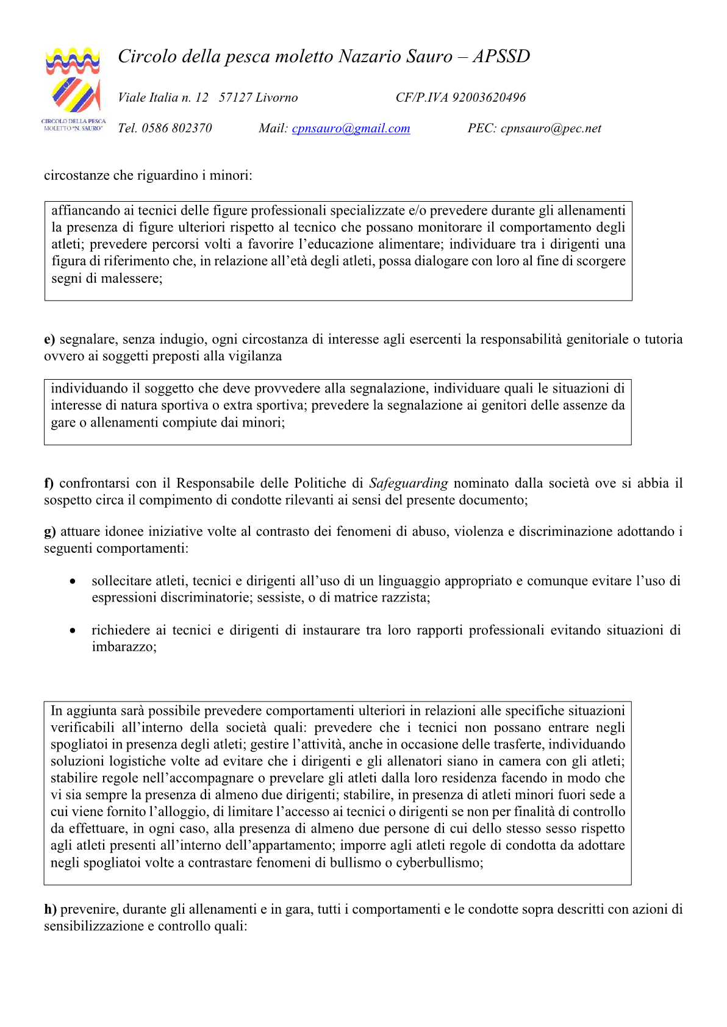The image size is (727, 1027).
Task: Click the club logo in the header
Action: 73,88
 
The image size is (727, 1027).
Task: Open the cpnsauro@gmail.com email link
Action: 351,129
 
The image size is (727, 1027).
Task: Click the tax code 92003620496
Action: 489,98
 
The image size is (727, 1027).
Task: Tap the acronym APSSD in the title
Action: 501,57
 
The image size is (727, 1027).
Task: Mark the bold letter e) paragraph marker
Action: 49,339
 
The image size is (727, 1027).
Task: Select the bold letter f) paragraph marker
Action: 49,483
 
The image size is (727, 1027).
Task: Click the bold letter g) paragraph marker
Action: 49,531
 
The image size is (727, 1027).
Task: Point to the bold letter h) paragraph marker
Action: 50,909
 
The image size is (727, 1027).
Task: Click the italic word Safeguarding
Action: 408,483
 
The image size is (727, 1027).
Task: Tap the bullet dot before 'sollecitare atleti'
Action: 73,581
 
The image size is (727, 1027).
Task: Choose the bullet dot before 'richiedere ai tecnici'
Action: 73,631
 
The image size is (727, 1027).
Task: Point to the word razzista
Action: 404,598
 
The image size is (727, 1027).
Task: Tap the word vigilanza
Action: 253,357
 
